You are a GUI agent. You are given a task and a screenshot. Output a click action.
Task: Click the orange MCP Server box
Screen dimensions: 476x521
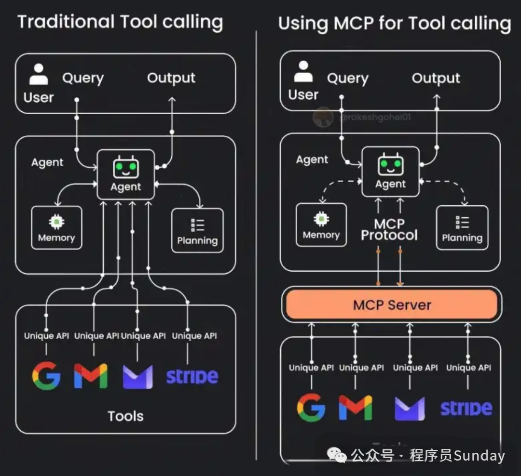tap(391, 304)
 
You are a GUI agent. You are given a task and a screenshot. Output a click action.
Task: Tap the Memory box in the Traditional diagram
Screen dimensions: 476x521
tap(56, 228)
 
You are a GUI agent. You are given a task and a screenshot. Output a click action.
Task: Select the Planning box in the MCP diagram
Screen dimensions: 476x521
tap(462, 228)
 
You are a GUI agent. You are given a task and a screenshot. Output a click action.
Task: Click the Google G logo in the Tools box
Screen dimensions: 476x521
tap(46, 376)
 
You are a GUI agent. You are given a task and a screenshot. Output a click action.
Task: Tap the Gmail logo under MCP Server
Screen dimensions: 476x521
tap(356, 407)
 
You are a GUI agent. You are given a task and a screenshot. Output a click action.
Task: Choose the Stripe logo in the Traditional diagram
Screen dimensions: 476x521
tap(192, 376)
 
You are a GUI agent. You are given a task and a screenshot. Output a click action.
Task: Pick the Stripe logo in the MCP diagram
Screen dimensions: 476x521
tap(466, 408)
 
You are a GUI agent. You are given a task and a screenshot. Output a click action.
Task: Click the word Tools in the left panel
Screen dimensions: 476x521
tap(125, 416)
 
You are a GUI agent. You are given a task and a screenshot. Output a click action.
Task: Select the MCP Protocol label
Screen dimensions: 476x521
tap(389, 230)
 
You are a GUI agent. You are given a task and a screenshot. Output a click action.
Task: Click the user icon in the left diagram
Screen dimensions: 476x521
tap(39, 74)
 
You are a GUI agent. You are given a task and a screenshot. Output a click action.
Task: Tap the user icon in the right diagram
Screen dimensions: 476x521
tap(303, 72)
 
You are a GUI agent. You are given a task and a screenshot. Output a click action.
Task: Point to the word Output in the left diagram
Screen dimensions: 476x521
tap(171, 78)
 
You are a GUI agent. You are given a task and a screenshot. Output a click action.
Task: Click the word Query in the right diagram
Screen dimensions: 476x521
tap(347, 78)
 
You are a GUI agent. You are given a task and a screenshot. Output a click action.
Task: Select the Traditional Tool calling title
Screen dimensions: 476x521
tap(120, 22)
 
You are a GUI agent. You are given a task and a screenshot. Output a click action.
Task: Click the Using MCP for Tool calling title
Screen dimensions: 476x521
tap(394, 23)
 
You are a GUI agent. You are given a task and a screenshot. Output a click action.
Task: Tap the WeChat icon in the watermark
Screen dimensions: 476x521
tap(336, 454)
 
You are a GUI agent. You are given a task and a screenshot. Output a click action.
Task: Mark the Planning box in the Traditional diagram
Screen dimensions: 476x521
tap(197, 230)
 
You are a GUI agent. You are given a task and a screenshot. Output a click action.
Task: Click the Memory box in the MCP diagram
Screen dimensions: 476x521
tap(321, 225)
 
